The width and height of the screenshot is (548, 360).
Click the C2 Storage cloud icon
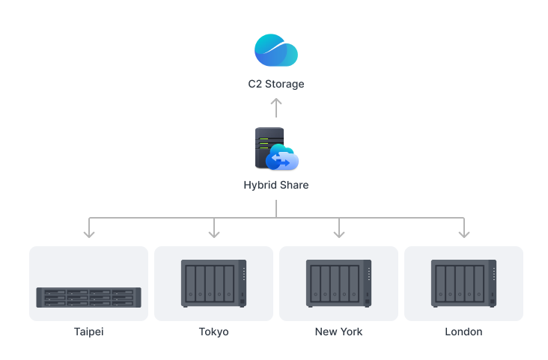[275, 51]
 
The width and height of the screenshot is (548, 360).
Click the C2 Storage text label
[276, 84]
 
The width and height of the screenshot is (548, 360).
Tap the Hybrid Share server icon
[271, 148]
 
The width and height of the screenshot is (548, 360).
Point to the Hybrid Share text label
[276, 185]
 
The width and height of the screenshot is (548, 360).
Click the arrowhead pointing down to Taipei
[89, 233]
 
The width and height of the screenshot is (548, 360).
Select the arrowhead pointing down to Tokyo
[214, 233]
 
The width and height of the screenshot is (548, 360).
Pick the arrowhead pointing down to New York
[339, 233]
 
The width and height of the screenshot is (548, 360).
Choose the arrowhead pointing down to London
[464, 233]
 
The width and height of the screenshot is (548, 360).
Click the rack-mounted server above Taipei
[88, 297]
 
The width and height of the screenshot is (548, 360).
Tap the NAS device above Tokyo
[213, 284]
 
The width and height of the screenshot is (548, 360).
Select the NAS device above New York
[338, 284]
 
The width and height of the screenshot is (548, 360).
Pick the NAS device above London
[463, 284]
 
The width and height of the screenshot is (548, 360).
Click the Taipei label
[89, 332]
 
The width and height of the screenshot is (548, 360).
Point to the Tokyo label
[214, 332]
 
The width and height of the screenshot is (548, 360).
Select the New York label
[339, 332]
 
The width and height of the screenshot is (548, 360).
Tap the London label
[464, 332]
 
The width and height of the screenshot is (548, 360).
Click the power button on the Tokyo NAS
[242, 301]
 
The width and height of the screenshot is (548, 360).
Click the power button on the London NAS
[492, 301]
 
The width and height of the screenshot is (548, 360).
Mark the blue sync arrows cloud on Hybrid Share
[283, 159]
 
